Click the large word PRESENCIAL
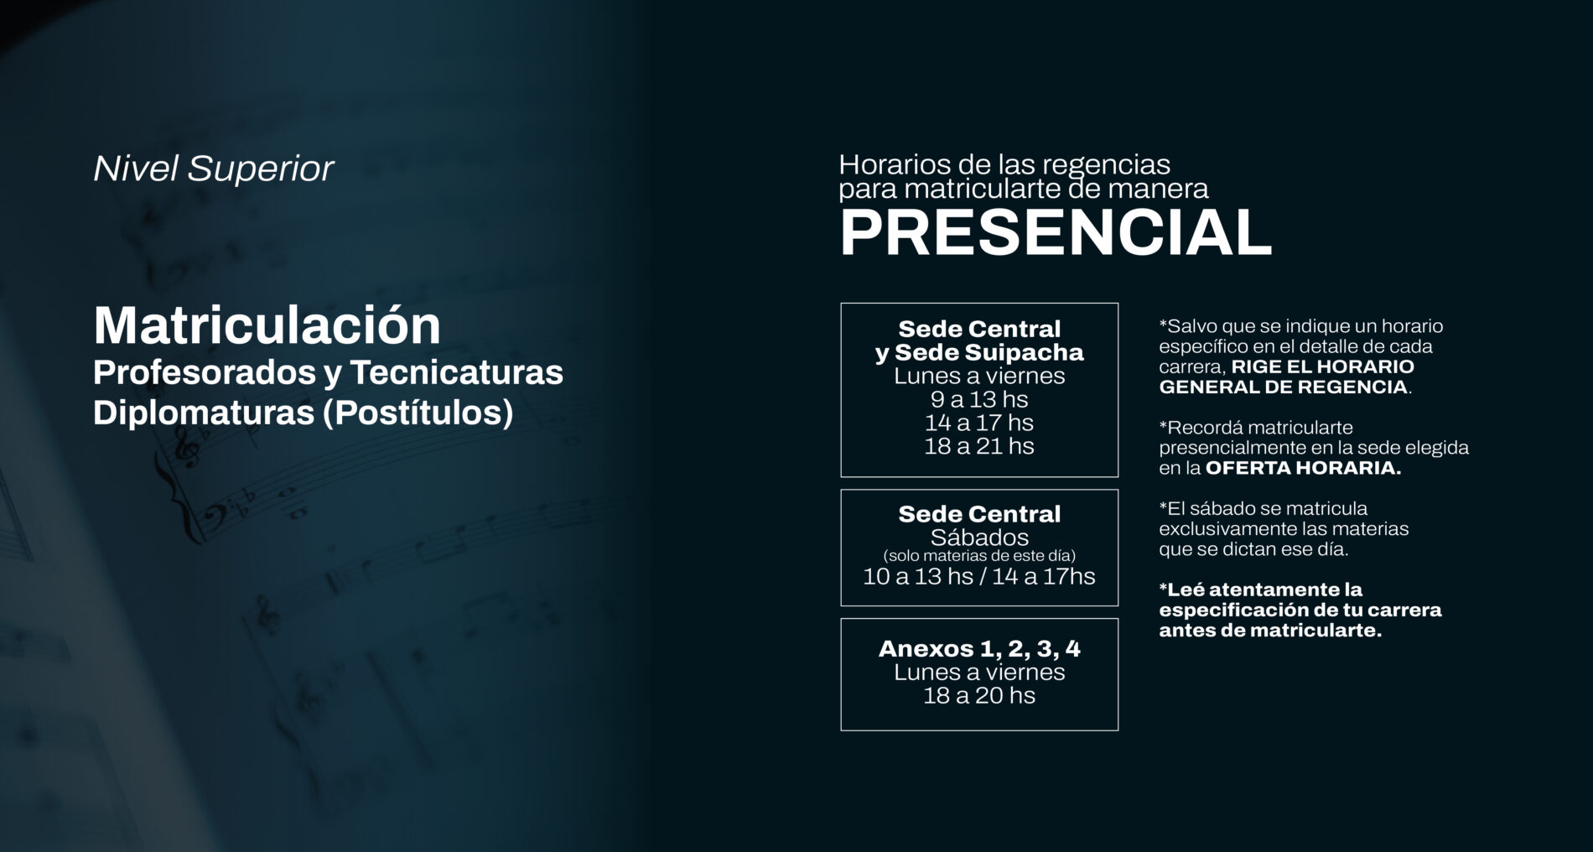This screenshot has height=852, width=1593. (1056, 232)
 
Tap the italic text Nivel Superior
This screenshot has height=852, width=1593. (214, 169)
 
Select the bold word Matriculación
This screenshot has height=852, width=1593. (267, 325)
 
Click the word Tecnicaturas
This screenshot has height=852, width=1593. (457, 372)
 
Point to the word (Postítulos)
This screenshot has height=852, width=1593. (418, 413)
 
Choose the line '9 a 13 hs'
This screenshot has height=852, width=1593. (979, 399)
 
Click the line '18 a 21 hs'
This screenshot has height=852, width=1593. (979, 446)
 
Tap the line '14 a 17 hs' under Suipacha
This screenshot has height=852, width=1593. (979, 423)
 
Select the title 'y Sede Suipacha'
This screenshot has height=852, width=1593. (979, 353)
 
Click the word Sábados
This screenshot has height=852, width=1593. (979, 538)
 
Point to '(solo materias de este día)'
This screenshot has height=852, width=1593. (979, 556)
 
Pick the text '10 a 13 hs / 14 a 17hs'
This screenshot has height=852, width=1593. (979, 576)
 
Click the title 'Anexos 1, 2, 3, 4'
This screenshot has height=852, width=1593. (979, 648)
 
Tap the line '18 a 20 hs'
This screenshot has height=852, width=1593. (979, 695)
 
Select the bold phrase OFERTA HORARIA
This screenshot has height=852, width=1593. (1303, 468)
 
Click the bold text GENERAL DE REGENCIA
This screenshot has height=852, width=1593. (1283, 387)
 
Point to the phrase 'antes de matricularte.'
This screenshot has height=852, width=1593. (1270, 631)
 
